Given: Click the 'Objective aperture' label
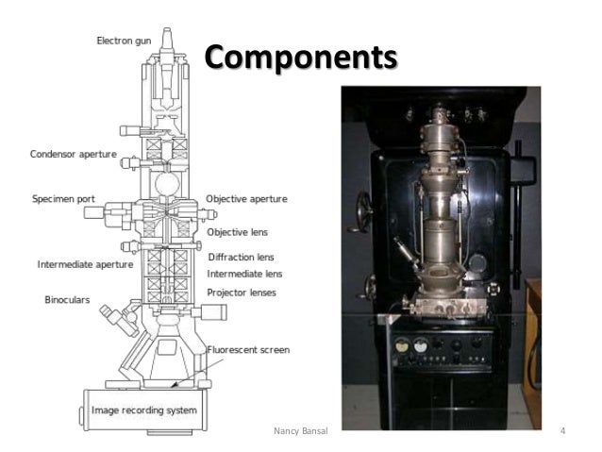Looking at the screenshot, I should point(247,200).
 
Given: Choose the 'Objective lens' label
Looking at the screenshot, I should point(238,229).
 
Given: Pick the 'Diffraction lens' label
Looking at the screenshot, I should point(239,257).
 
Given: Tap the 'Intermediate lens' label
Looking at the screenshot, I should point(242,274).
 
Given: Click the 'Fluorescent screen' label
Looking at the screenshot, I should point(247,349).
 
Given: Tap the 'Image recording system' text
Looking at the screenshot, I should point(143,409).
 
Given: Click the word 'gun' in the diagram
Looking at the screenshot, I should point(154,42).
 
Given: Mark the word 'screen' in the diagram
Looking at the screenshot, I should point(273,349).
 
